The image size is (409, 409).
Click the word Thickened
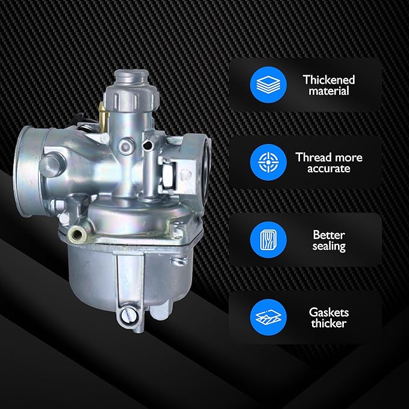coord(329,80)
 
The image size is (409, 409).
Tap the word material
coord(329,91)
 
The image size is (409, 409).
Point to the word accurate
coord(329,169)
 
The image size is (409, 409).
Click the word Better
coord(329,235)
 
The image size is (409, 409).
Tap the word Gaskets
coord(329,312)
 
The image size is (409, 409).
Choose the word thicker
coord(329,323)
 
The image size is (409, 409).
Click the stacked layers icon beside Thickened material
coord(268,85)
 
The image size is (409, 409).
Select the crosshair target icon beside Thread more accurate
coord(268,162)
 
